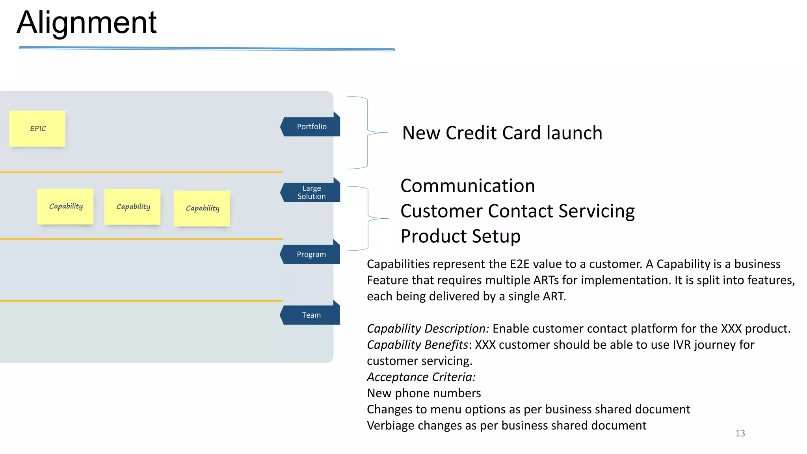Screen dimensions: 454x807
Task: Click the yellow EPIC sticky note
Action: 37,128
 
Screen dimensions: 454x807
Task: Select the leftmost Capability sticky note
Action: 65,207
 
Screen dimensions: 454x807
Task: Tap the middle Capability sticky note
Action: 132,207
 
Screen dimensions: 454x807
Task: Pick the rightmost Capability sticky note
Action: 202,208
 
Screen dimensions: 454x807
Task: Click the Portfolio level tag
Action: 311,127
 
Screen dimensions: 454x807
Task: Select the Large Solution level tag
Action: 311,192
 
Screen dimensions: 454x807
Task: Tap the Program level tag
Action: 311,255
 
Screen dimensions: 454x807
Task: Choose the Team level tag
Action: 311,315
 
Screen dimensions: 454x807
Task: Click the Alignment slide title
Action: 87,23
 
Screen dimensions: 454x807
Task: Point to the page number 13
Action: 740,434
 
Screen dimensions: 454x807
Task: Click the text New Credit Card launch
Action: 502,133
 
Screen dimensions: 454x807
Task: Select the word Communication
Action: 467,186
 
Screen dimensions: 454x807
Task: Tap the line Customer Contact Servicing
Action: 517,211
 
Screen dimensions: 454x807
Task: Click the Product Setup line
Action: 460,236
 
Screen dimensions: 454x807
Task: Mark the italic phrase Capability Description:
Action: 428,329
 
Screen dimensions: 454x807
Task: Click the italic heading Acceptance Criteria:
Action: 421,377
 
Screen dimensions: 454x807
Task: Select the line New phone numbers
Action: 424,393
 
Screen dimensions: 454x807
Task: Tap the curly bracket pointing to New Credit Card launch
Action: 367,132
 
